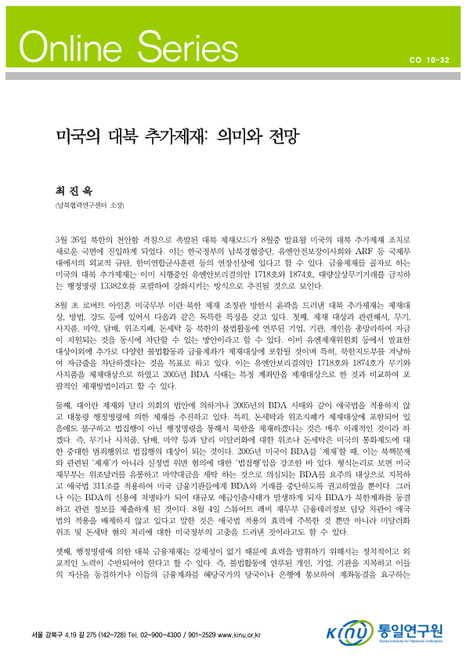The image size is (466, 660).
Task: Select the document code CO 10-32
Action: [429, 60]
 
